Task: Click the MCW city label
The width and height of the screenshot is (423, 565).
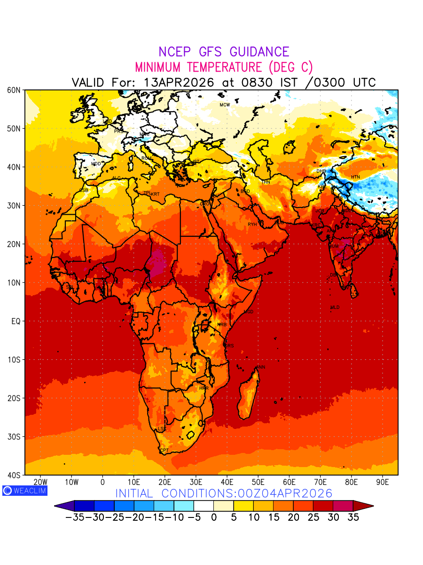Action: (225, 105)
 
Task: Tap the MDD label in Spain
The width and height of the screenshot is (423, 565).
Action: (96, 164)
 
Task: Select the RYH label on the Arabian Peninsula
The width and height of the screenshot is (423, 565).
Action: (252, 225)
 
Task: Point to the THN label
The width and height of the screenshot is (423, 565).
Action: (266, 182)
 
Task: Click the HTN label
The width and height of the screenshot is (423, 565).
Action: (355, 177)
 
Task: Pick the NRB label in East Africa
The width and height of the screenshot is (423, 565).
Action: (222, 325)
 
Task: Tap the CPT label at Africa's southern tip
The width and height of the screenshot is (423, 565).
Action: (164, 451)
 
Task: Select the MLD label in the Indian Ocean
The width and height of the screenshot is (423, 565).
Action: (335, 307)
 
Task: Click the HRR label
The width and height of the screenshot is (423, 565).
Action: (204, 388)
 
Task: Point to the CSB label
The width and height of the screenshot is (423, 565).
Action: (84, 190)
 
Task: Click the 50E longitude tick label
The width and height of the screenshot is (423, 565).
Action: (258, 482)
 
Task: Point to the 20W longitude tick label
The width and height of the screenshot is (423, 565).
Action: (40, 482)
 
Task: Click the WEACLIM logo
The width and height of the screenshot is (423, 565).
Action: (24, 490)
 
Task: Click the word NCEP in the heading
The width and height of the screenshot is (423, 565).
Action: (176, 52)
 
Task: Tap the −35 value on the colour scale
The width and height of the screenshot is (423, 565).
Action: (74, 517)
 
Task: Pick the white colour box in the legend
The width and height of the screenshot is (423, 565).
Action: (204, 506)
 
